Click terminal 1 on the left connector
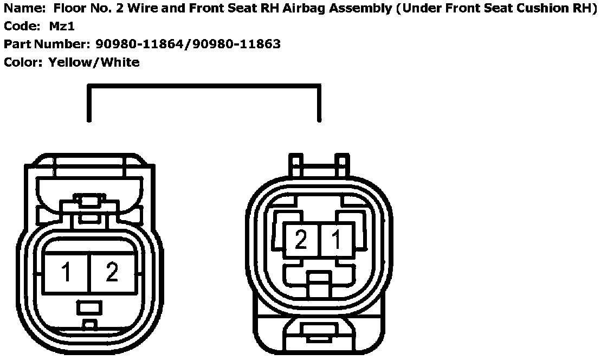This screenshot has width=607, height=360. (67, 273)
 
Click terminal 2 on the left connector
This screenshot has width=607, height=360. (112, 273)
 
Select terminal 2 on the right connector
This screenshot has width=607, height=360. (301, 240)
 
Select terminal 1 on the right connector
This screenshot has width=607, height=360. (337, 240)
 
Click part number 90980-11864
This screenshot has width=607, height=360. (141, 44)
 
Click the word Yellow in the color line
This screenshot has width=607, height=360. (71, 62)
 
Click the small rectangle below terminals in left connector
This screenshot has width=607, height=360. (89, 307)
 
